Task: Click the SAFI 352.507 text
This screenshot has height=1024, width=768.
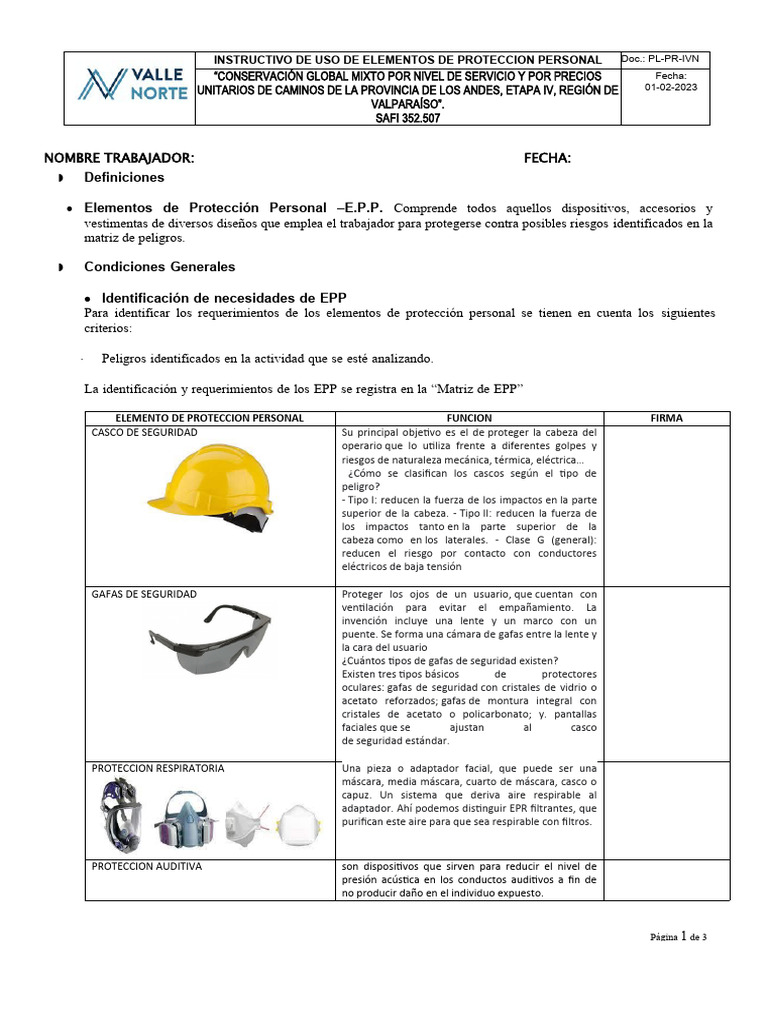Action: pyautogui.click(x=407, y=117)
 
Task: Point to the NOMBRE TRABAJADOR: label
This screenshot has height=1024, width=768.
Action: pyautogui.click(x=119, y=158)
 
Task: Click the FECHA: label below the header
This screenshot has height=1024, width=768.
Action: pyautogui.click(x=547, y=158)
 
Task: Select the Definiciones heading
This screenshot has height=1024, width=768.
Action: pyautogui.click(x=124, y=177)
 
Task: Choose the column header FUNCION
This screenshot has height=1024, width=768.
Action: pyautogui.click(x=469, y=418)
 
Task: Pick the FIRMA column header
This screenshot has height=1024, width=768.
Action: pyautogui.click(x=667, y=418)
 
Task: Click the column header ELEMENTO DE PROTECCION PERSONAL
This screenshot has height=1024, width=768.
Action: pyautogui.click(x=208, y=418)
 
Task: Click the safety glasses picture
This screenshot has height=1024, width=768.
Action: pyautogui.click(x=208, y=639)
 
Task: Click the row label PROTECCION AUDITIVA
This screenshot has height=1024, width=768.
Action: pyautogui.click(x=147, y=866)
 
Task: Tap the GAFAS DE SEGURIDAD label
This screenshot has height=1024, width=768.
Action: pyautogui.click(x=144, y=594)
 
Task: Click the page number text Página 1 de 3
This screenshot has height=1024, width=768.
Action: pyautogui.click(x=678, y=937)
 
